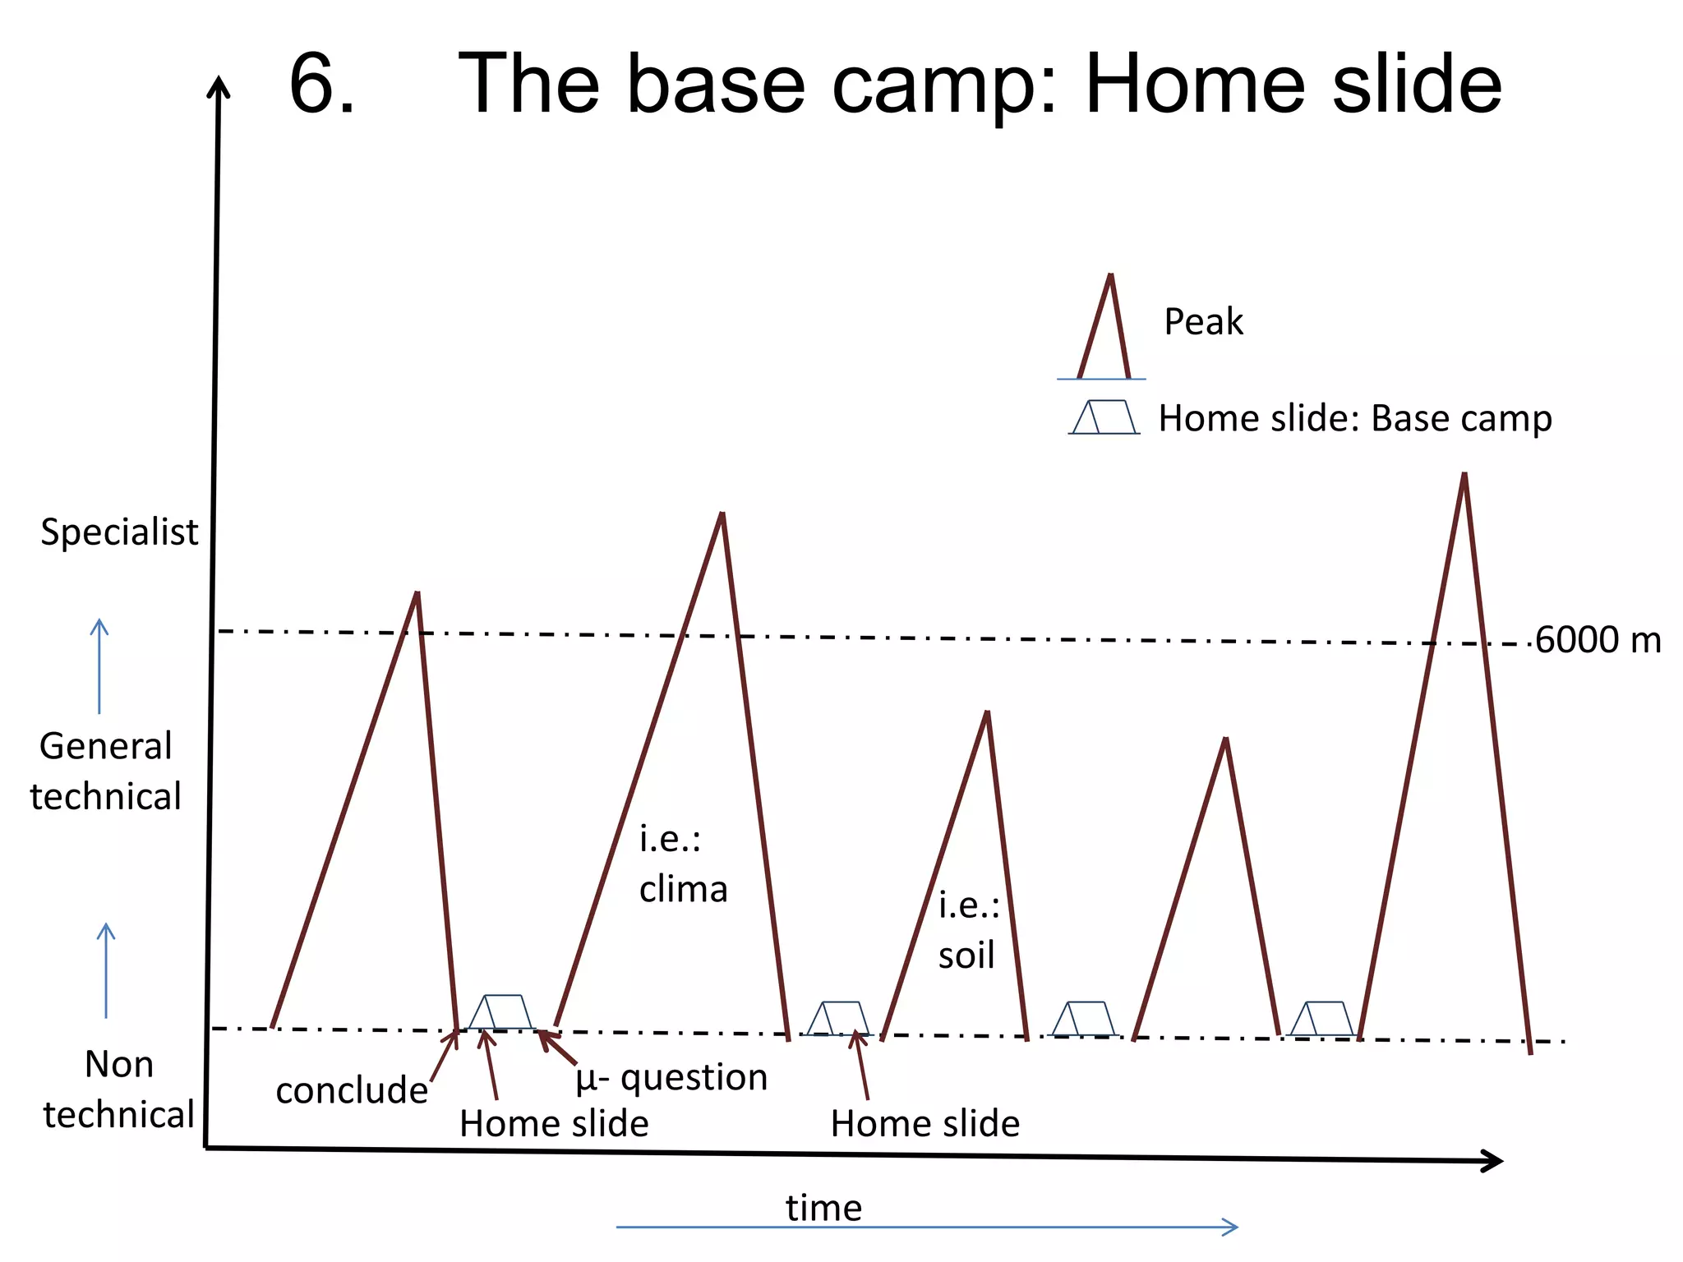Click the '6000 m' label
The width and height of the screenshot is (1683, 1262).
click(x=1597, y=640)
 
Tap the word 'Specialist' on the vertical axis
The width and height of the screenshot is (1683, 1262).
click(x=119, y=532)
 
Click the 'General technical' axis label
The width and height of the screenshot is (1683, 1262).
click(x=105, y=771)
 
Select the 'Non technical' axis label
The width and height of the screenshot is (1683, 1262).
click(x=118, y=1089)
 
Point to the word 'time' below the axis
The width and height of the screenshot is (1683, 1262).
click(x=823, y=1208)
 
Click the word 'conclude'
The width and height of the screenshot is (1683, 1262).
click(x=352, y=1091)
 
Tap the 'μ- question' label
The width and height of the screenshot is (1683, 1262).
click(x=671, y=1077)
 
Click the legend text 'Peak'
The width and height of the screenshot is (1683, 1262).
click(x=1203, y=321)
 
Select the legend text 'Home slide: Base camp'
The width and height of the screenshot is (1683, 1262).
click(x=1354, y=418)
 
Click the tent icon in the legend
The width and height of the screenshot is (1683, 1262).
click(x=1104, y=417)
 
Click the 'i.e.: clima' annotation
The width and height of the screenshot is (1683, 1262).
click(x=683, y=864)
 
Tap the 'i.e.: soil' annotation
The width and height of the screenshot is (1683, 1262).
click(x=968, y=930)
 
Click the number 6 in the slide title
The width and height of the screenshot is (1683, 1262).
click(x=321, y=84)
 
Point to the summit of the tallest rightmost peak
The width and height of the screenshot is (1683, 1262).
click(x=1464, y=476)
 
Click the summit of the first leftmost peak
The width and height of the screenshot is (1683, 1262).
click(x=417, y=594)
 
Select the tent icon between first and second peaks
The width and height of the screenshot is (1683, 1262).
click(x=500, y=1012)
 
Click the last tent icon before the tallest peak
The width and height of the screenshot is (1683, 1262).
click(x=1321, y=1019)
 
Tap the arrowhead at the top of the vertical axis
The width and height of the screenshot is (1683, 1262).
click(x=218, y=85)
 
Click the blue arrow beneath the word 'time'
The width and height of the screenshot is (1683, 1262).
click(x=927, y=1227)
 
